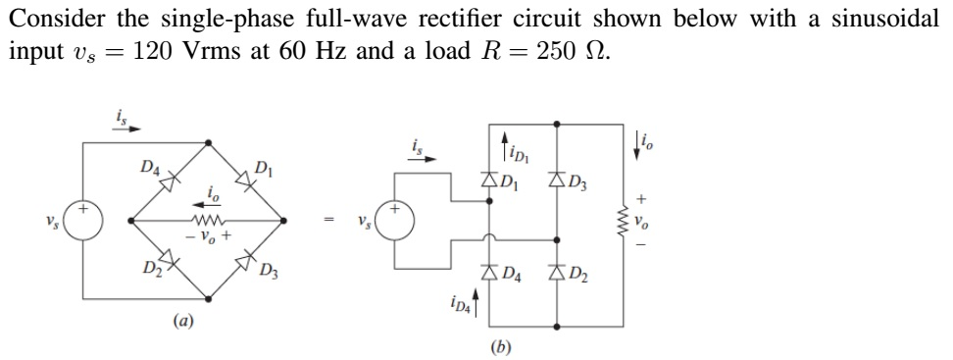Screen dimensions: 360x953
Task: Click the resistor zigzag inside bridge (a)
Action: [x=208, y=221]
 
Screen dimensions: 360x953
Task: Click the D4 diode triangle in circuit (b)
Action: [x=489, y=272]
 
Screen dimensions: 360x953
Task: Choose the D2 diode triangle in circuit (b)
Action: [x=558, y=272]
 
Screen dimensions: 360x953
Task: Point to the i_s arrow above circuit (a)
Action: [x=130, y=128]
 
